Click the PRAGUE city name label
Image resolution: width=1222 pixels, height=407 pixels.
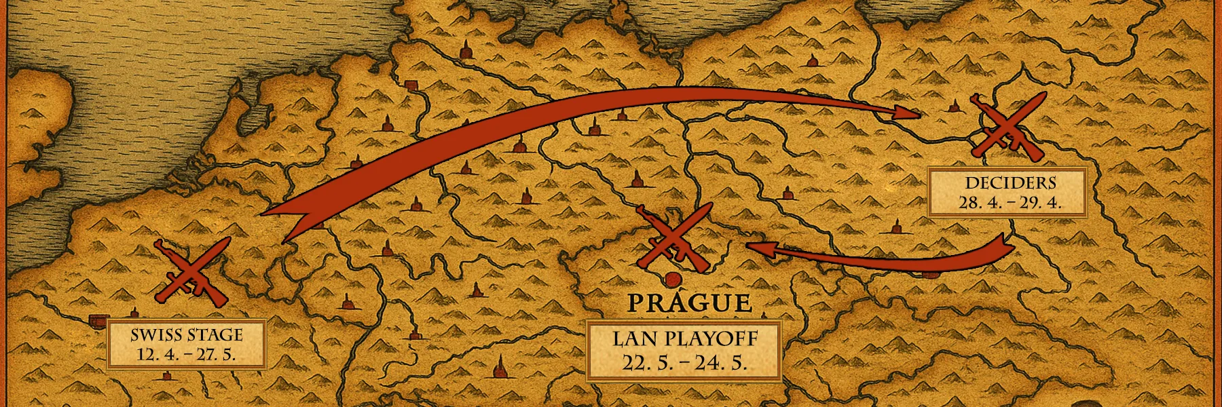689,303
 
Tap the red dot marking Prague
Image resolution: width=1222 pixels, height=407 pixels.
672,279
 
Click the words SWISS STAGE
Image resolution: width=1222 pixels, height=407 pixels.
187,334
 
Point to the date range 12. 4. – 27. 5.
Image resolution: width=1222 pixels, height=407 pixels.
187,355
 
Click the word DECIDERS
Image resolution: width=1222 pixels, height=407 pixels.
1010,182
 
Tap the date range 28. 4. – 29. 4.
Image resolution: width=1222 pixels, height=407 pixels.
1010,203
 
